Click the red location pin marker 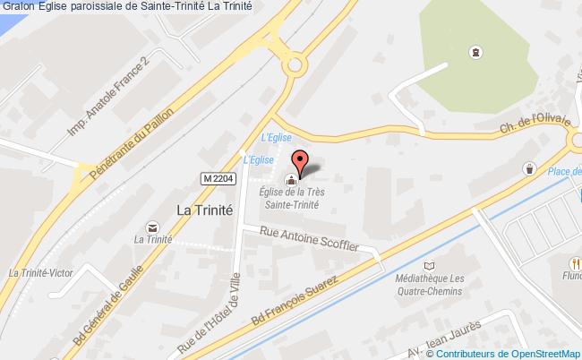click(x=300, y=162)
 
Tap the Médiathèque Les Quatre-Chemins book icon click(x=430, y=265)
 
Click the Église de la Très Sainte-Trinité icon click(x=290, y=181)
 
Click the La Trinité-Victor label click(x=39, y=273)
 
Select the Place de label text click(x=563, y=172)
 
